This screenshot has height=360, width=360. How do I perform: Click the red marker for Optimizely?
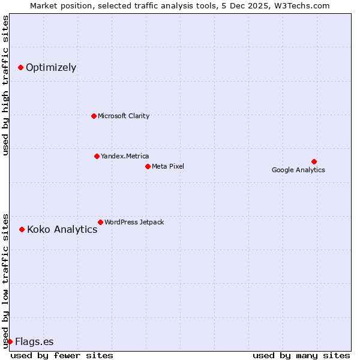tap(20, 67)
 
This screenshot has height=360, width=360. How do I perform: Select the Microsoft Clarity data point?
tap(94, 116)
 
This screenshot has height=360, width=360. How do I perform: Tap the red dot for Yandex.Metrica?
tap(97, 156)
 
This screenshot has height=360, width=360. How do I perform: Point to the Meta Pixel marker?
tap(148, 166)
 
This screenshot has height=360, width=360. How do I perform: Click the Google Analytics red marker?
tap(314, 161)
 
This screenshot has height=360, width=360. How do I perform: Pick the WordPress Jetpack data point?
tap(100, 222)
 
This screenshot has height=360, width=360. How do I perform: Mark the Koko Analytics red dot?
tap(22, 229)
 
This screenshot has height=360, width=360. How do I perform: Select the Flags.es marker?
tap(10, 341)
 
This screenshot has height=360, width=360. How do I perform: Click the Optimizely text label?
tap(51, 67)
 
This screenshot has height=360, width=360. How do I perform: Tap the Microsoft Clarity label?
tap(124, 116)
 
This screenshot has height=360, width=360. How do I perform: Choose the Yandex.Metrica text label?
tap(125, 156)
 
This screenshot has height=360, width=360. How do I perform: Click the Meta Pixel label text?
tap(168, 166)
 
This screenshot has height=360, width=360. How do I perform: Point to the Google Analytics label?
tap(298, 170)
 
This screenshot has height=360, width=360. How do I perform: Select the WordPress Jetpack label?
tap(134, 222)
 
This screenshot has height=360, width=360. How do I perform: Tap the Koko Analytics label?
tap(62, 229)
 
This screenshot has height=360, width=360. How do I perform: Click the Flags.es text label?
tap(34, 341)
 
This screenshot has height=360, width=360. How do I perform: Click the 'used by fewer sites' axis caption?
tap(62, 355)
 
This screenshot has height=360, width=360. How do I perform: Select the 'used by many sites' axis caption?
tap(301, 355)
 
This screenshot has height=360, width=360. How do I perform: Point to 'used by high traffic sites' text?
tap(5, 85)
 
